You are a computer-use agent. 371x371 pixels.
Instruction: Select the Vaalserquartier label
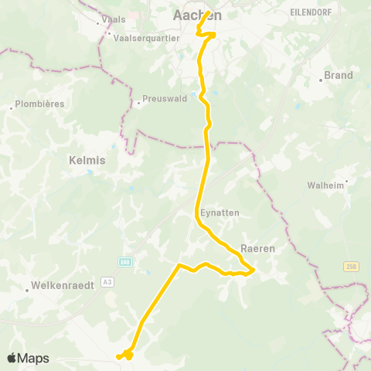[147, 36]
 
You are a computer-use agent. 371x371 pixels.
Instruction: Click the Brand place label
[339, 75]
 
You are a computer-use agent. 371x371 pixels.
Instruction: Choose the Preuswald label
[165, 99]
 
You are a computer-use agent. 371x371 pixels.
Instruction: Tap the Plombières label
[39, 104]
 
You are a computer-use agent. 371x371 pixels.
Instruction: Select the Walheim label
[325, 185]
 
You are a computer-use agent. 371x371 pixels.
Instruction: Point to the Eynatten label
[220, 213]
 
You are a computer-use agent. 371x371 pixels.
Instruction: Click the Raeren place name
[257, 249]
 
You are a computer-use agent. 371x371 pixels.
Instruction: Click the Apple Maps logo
[28, 358]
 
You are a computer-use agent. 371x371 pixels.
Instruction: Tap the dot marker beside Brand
[320, 80]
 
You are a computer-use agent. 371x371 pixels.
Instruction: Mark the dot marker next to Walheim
[346, 182]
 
